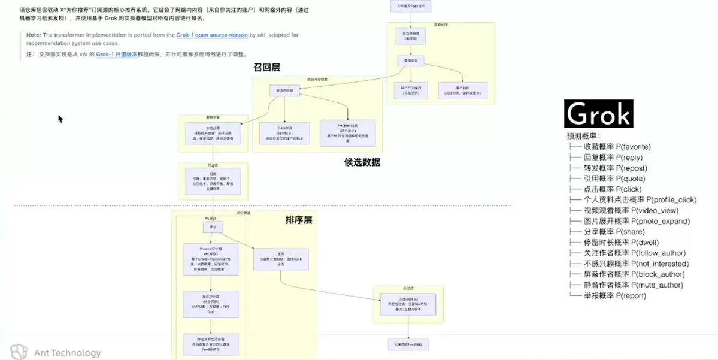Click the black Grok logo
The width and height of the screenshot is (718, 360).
tap(598, 114)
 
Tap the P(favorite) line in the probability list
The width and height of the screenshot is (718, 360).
tap(617, 147)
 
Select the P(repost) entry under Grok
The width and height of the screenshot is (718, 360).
tap(615, 168)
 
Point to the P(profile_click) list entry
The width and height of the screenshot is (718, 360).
tap(640, 200)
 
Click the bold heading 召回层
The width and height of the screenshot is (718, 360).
tap(267, 67)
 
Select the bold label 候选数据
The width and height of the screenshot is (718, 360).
tap(362, 162)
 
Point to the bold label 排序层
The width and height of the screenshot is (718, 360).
tap(299, 220)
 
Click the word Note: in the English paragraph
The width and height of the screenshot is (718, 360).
tap(34, 35)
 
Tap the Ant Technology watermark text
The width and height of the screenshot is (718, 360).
tap(67, 353)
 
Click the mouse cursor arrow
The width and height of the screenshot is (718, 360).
tap(60, 119)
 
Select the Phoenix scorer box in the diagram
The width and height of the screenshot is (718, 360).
tap(210, 259)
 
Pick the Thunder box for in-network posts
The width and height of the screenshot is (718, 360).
tap(284, 132)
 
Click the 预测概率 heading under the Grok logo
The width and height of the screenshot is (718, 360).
tap(582, 137)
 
